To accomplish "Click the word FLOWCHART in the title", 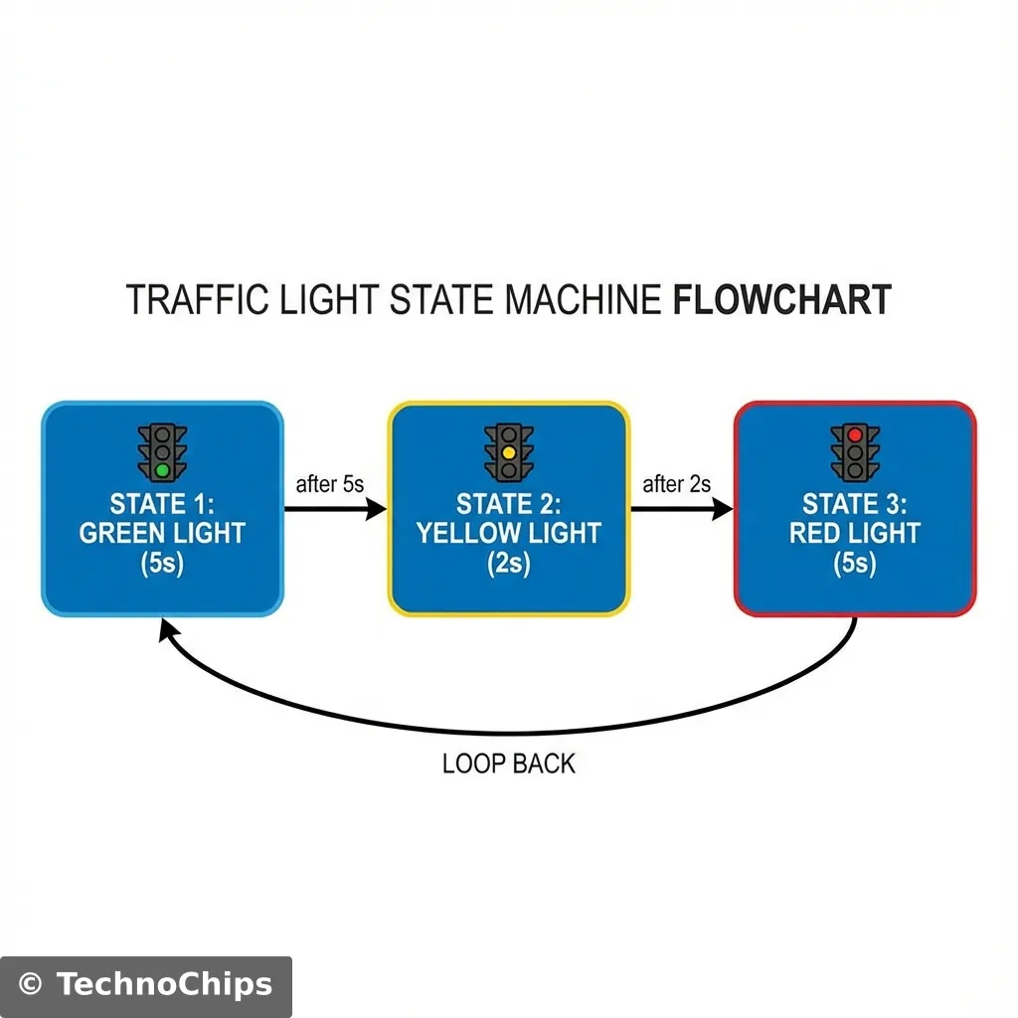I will [x=781, y=299].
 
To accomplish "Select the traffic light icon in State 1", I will [x=162, y=452].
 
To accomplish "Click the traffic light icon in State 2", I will [x=508, y=452].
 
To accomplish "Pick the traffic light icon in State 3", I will [x=855, y=452].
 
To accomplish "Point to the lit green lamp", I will [x=162, y=469].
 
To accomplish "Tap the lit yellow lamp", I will [x=508, y=452].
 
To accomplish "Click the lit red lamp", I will [x=855, y=435].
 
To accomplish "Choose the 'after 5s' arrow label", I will [x=330, y=485].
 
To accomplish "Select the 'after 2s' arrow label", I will [x=677, y=485].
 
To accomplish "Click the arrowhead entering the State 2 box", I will [x=377, y=509].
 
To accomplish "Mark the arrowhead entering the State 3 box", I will [x=723, y=509].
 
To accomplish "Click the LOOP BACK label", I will [x=508, y=763].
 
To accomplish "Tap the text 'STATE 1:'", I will [x=162, y=503].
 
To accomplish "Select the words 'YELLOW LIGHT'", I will [x=508, y=534].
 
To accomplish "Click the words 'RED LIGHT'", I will [x=855, y=534].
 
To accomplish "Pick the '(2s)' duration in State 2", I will [x=508, y=564].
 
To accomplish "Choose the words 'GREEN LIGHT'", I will [x=162, y=534].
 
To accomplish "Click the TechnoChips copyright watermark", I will [x=146, y=985].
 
